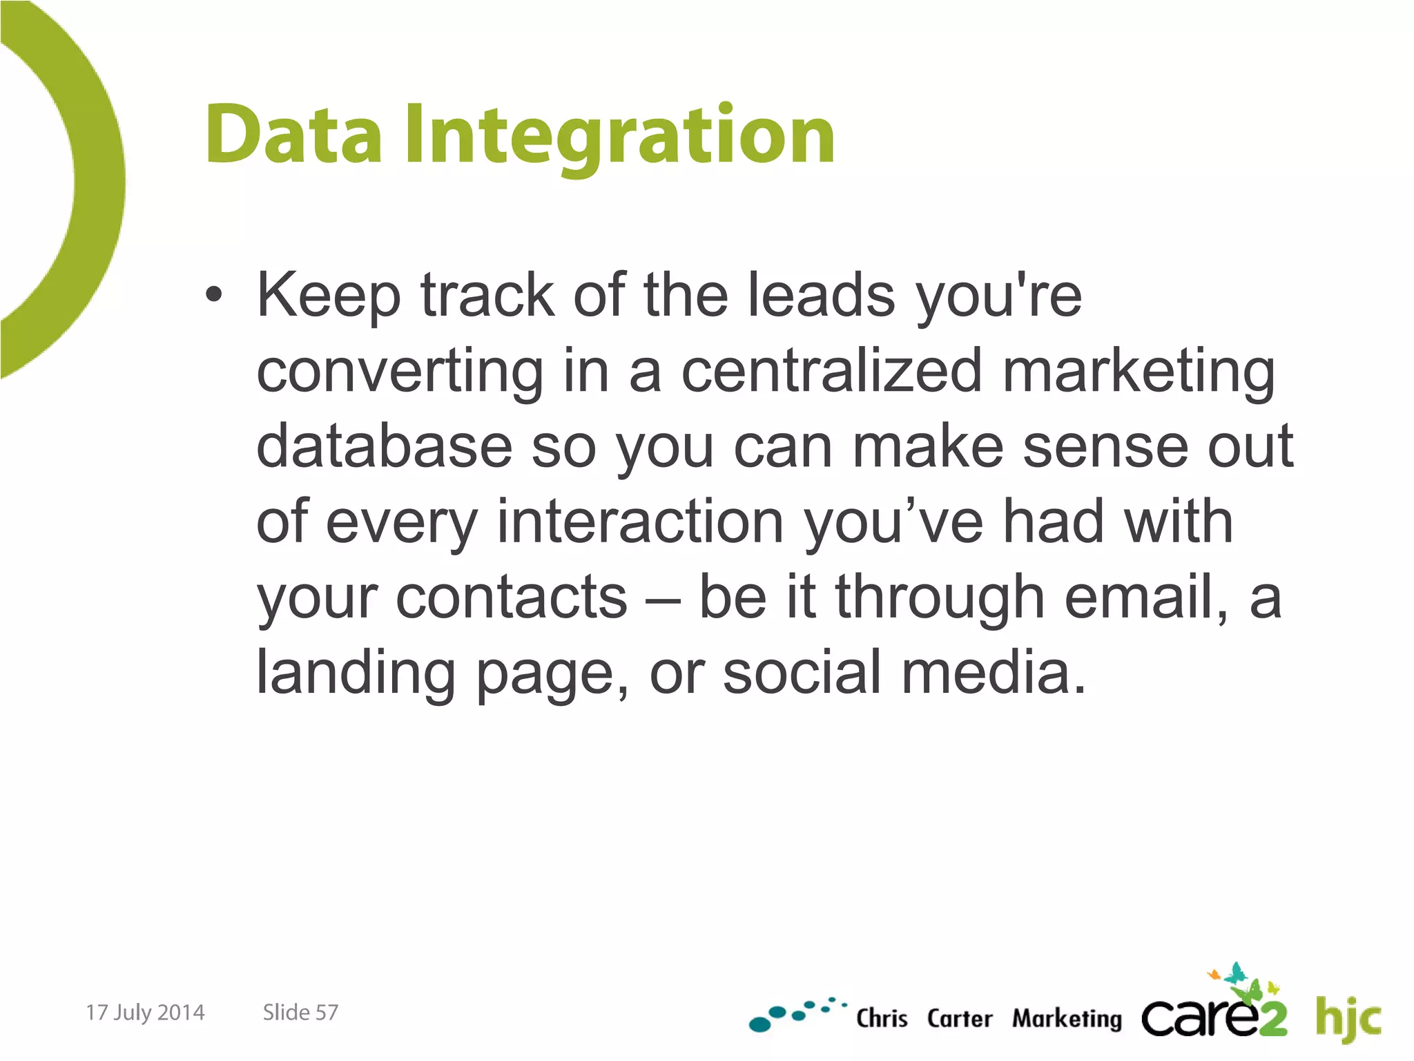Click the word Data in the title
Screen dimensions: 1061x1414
(293, 135)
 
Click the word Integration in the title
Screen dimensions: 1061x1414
(619, 135)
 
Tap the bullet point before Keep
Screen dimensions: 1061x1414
(214, 296)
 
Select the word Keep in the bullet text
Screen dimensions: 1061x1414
(329, 296)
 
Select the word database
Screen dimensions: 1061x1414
(384, 447)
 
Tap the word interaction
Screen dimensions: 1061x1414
(640, 522)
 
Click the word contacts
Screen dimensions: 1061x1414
(511, 598)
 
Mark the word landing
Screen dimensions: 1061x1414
(356, 673)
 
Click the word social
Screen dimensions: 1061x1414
(802, 673)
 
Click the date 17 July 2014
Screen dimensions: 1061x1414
(145, 1013)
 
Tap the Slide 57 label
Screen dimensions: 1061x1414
(300, 1013)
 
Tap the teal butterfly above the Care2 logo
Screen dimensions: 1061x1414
(1234, 974)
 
